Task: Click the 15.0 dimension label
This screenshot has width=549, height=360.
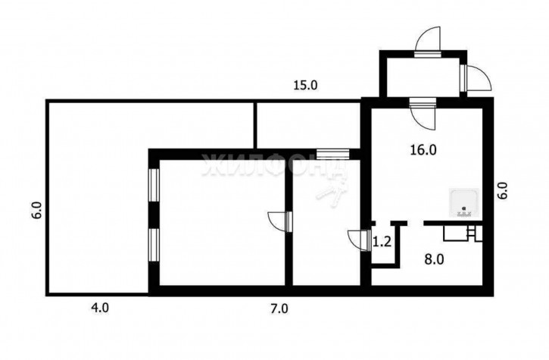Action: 305,85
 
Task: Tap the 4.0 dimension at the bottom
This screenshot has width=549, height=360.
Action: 100,308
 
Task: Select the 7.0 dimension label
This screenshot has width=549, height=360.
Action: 279,308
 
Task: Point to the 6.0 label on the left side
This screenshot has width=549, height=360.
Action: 37,211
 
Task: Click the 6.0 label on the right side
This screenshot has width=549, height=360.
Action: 503,190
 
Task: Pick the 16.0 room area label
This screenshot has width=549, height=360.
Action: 423,150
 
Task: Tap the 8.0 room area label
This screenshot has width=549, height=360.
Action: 434,260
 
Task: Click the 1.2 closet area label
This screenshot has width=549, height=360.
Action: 382,242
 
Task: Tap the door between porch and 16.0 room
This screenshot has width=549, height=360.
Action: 423,114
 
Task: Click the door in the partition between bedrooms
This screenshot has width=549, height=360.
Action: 280,221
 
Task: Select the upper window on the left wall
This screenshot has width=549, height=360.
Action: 154,185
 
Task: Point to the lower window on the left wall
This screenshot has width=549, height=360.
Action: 154,245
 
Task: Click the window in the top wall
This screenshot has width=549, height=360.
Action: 333,155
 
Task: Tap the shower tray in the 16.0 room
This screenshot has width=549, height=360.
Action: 464,202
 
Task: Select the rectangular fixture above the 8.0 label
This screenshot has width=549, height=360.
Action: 455,233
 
